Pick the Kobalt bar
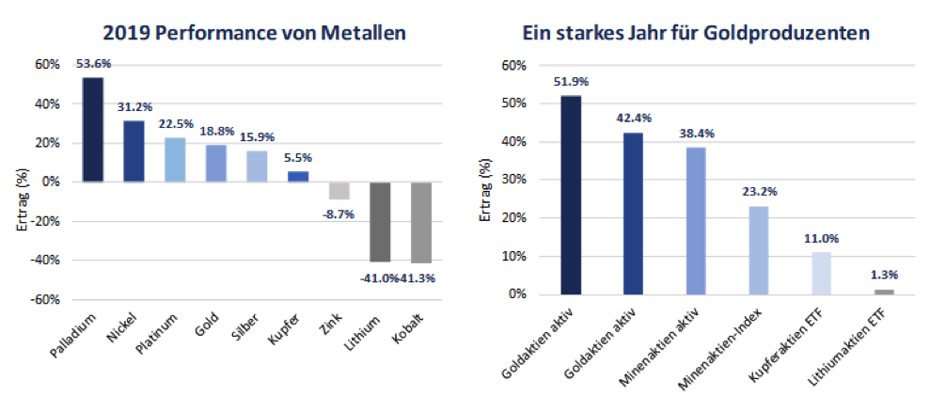[x=420, y=222]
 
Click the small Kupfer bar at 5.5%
[x=298, y=176]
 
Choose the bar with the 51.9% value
[x=571, y=195]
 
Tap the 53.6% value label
[x=93, y=64]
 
